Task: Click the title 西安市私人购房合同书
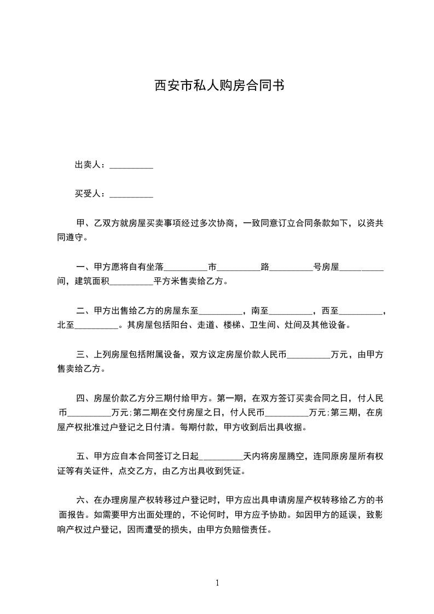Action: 217,86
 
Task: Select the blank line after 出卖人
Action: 131,167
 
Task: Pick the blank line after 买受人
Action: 131,195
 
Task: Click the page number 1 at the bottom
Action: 217,583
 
